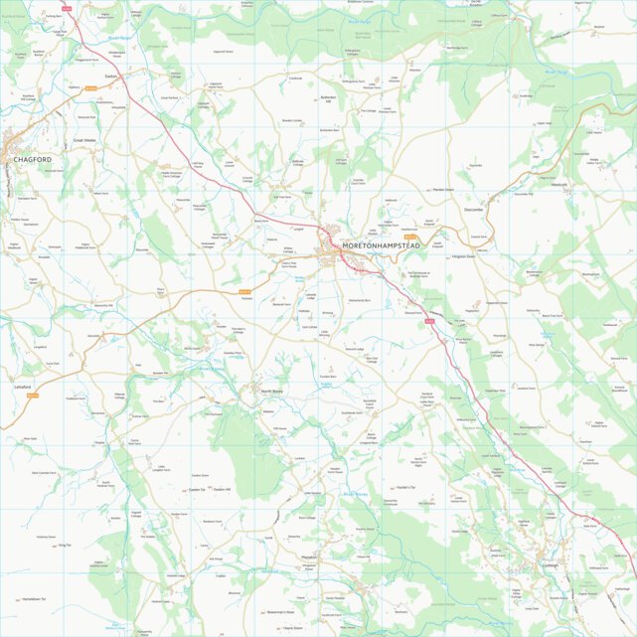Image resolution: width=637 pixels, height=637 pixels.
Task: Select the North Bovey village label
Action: pos(273,393)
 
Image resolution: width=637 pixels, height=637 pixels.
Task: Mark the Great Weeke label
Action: pos(84,141)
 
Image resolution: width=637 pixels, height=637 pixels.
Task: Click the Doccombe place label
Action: pos(472,210)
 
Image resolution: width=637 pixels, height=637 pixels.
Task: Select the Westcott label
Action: pos(558,185)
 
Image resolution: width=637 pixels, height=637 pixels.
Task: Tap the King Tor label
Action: pos(66,546)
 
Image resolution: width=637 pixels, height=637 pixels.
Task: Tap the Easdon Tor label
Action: pos(195,490)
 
